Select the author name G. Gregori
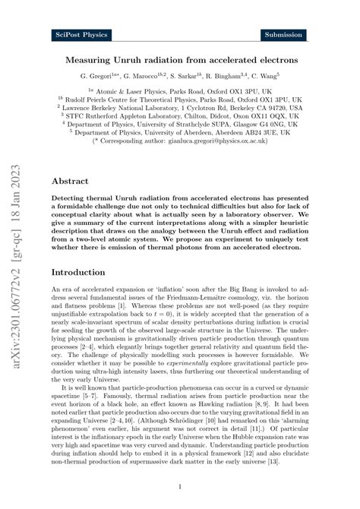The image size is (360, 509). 102,77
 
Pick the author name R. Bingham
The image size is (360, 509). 224,77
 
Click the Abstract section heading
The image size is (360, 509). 69,182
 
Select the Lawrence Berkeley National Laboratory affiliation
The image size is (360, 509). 183,109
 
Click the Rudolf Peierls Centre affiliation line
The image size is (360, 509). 183,98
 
